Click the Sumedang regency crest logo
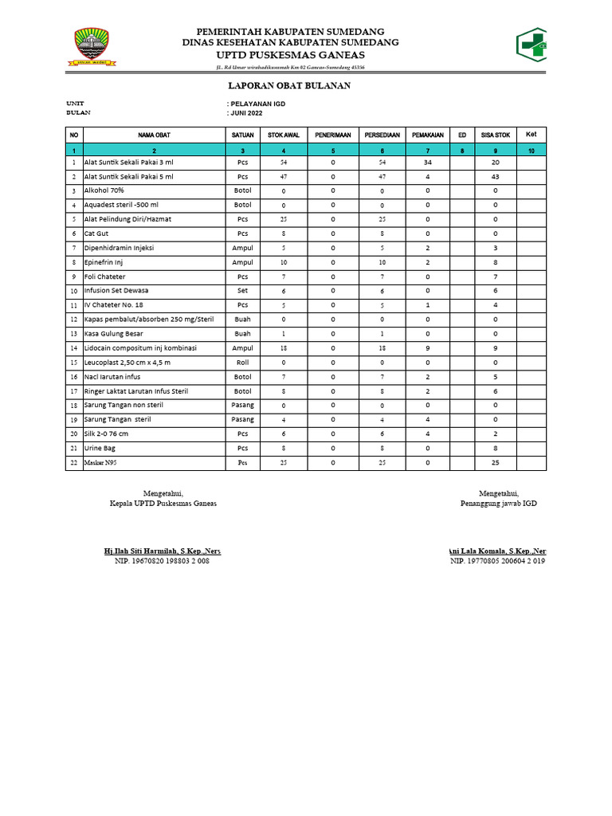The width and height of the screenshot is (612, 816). pyautogui.click(x=92, y=46)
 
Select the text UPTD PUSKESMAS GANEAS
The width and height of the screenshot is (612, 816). pyautogui.click(x=284, y=55)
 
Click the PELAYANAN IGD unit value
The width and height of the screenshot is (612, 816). pyautogui.click(x=257, y=104)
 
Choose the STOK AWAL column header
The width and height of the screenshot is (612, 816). pyautogui.click(x=284, y=135)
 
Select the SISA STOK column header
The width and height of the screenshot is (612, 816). pyautogui.click(x=495, y=135)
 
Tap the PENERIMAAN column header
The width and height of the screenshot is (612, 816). pyautogui.click(x=332, y=135)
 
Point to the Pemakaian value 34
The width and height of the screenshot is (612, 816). pyautogui.click(x=428, y=162)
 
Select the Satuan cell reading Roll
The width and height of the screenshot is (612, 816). pyautogui.click(x=242, y=362)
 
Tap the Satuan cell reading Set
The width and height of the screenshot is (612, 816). pyautogui.click(x=242, y=291)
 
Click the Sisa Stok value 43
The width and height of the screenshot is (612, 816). pyautogui.click(x=495, y=176)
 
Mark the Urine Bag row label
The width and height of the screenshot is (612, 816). pyautogui.click(x=100, y=448)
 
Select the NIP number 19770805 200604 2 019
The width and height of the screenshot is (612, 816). pyautogui.click(x=497, y=561)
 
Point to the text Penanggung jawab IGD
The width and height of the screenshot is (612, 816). pyautogui.click(x=499, y=504)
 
